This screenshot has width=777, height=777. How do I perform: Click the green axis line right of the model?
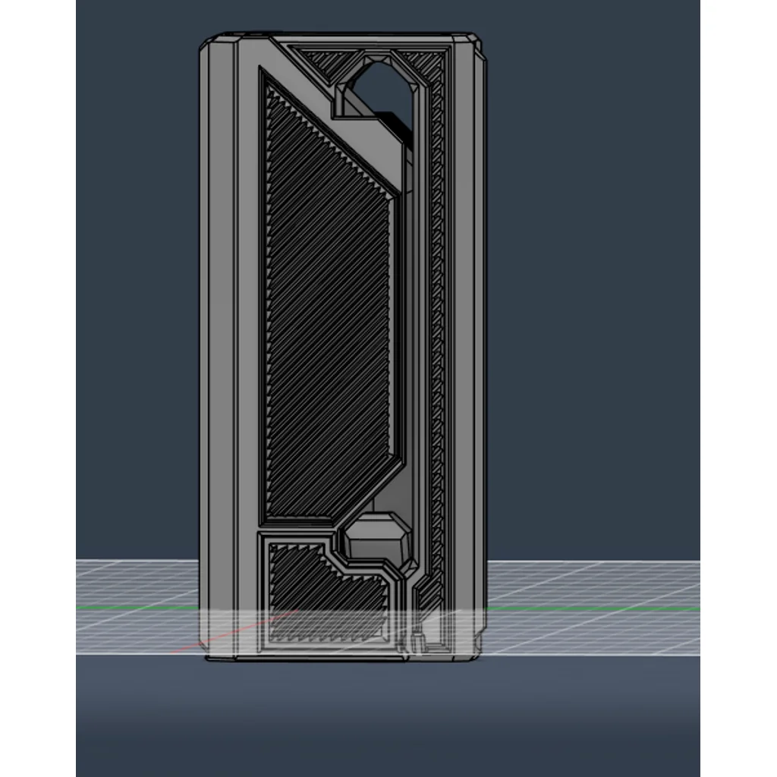point(592,608)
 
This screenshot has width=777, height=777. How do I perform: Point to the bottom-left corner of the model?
point(209,657)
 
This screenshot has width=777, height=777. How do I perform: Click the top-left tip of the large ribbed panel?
point(264,76)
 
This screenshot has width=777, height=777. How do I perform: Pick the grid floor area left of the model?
point(137,592)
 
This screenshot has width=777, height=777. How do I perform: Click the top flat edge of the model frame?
point(341,35)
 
